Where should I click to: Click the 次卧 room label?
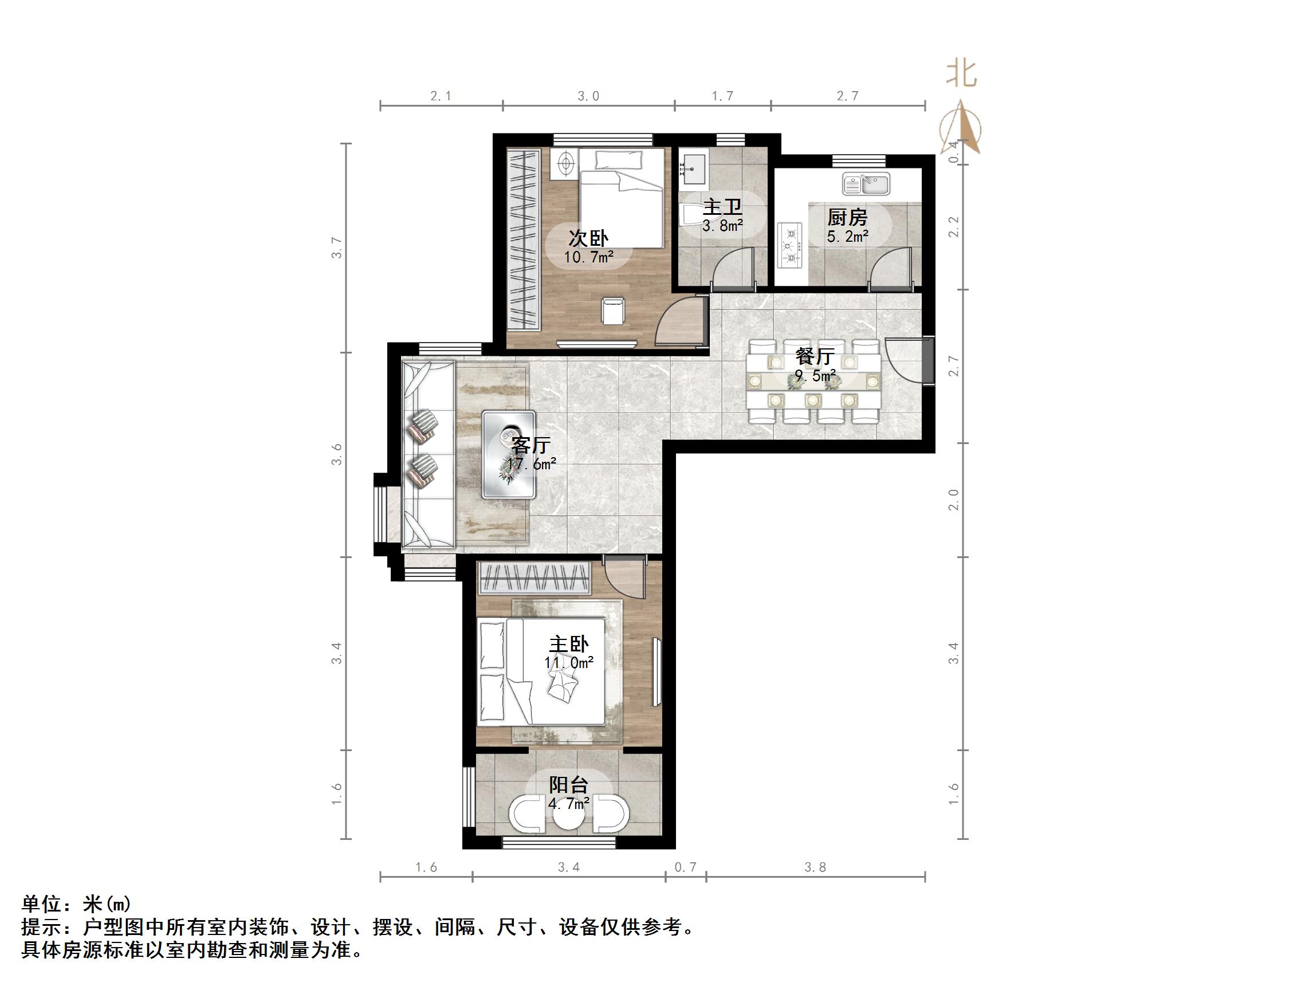click(x=588, y=238)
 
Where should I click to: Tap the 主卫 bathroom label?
click(x=722, y=207)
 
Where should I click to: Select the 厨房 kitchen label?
click(x=847, y=217)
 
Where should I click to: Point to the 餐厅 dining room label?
click(x=815, y=356)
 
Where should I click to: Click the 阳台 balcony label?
click(x=569, y=785)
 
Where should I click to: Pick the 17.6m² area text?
click(x=532, y=464)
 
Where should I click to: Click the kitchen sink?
click(x=866, y=184)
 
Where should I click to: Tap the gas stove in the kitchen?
click(x=790, y=244)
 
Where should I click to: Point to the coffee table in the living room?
click(x=509, y=454)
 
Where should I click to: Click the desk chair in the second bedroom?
click(x=613, y=311)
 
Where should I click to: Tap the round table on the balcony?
click(x=569, y=816)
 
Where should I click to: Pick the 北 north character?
click(x=961, y=75)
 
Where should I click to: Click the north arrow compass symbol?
click(x=961, y=127)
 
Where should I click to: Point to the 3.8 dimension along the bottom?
click(x=815, y=867)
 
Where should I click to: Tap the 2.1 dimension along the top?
click(x=441, y=96)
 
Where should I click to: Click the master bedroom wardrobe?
click(x=535, y=578)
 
